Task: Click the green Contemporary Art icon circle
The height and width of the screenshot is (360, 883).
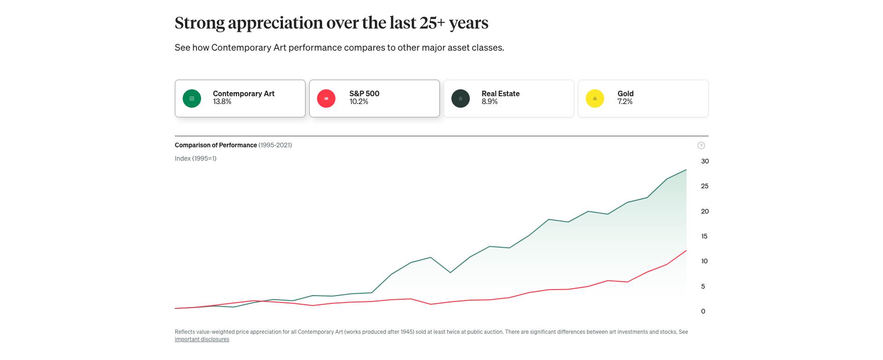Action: point(192,99)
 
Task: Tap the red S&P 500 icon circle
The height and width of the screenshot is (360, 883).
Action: point(326,99)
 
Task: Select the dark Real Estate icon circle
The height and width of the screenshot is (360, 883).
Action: point(461,99)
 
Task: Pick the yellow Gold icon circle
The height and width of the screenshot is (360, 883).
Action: point(595,99)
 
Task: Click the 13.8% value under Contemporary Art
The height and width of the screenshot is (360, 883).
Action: point(222,102)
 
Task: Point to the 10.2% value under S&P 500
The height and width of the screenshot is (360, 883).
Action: point(359,102)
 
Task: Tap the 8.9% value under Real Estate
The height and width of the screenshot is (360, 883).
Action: point(490,102)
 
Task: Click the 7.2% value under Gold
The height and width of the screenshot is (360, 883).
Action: point(625,102)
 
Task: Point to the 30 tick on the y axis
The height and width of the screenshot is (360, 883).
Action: point(704,161)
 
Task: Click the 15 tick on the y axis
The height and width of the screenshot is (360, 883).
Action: point(704,236)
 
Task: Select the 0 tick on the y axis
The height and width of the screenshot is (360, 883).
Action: point(703,311)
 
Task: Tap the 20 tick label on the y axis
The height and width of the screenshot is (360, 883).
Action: point(704,211)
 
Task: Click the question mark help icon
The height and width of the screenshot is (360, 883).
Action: point(701,145)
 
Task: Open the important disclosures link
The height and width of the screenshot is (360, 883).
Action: point(202,339)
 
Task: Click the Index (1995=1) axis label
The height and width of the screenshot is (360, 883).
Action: point(196,158)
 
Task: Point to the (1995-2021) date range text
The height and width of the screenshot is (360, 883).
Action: point(275,145)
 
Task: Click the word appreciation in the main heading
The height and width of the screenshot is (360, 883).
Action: point(275,23)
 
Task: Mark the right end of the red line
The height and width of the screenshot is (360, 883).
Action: point(686,250)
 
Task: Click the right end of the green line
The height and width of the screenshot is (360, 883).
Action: point(686,170)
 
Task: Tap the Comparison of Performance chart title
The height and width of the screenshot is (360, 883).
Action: point(216,145)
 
